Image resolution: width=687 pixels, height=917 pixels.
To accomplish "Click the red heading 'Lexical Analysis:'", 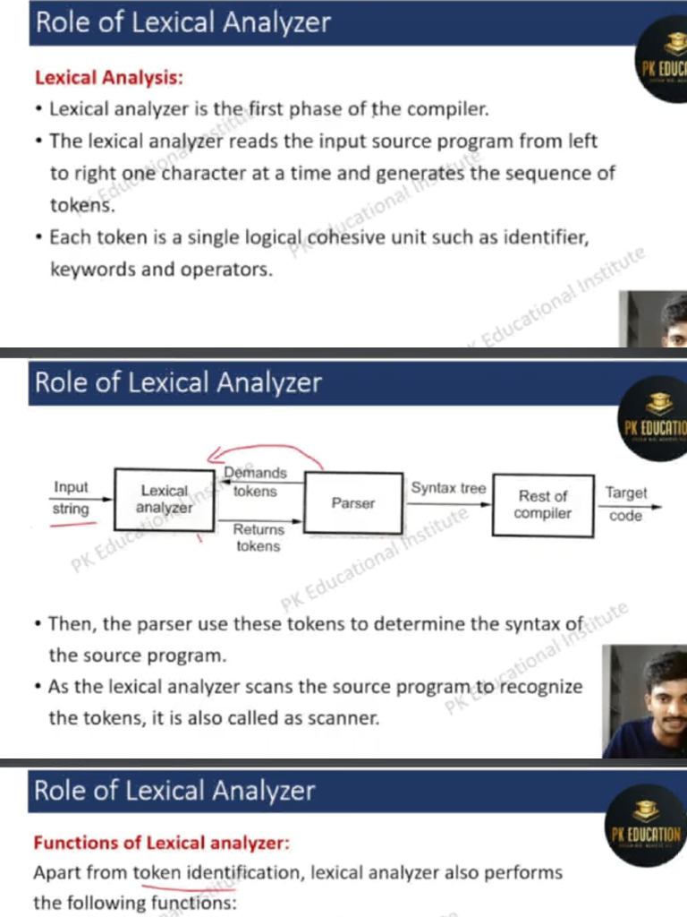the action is [x=109, y=78].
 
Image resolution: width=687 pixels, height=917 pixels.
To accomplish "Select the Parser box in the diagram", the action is [x=353, y=503].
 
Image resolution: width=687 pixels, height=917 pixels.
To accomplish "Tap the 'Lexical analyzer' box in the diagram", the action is [x=165, y=499].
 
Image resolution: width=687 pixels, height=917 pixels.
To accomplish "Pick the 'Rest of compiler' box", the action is [x=543, y=504].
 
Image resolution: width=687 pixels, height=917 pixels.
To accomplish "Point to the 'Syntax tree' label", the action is [x=448, y=488].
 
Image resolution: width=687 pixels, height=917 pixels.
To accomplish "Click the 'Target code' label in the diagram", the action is [x=625, y=504].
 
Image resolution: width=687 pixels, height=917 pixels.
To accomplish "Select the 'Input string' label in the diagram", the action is [x=72, y=498].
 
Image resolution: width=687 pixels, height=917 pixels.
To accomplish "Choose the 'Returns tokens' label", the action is [x=258, y=537].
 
